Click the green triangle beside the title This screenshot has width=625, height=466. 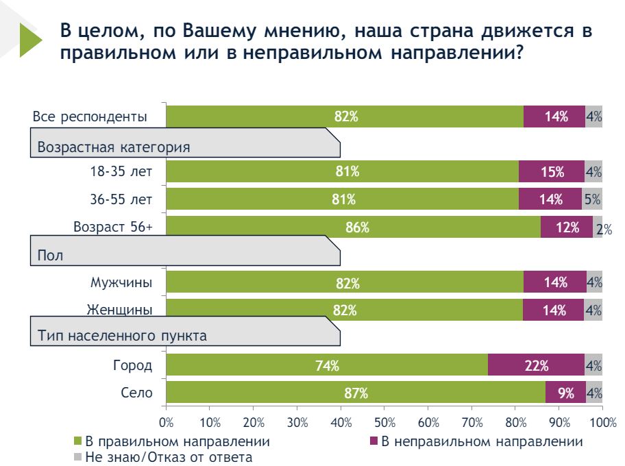31,40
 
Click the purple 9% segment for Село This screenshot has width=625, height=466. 565,393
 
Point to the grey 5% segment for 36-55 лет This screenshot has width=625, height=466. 591,199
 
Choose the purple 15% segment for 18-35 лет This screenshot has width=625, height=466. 551,171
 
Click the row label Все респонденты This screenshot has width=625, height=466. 90,116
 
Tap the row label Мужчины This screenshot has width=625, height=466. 121,282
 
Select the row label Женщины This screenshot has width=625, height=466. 119,310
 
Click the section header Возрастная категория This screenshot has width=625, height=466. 114,147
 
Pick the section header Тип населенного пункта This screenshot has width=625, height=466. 123,336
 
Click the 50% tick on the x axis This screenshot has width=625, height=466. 384,420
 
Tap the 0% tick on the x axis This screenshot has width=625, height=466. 167,420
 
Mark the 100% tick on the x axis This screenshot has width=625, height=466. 601,420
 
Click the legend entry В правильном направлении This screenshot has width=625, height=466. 177,441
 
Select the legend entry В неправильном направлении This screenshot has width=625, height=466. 482,441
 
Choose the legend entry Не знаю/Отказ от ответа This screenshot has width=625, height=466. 169,456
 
